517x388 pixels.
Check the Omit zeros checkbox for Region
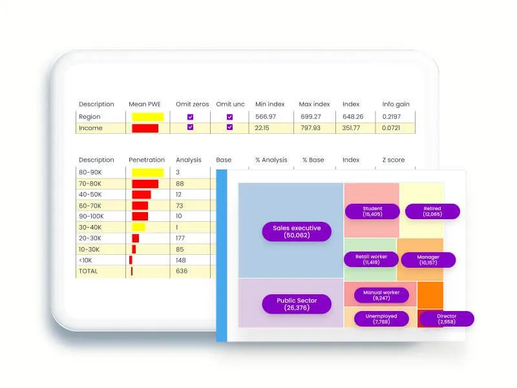[x=190, y=117]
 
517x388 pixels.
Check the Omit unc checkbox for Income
[x=229, y=127]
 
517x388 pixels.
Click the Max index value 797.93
[x=310, y=128]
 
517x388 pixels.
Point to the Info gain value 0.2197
[x=391, y=116]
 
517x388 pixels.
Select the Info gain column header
[x=396, y=104]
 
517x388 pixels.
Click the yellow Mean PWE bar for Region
[x=148, y=117]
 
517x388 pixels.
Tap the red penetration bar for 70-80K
[x=145, y=184]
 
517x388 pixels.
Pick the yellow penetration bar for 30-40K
[x=138, y=227]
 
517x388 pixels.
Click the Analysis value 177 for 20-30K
[x=181, y=238]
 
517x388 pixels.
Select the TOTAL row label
[x=89, y=271]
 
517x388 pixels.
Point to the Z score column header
[x=395, y=160]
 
